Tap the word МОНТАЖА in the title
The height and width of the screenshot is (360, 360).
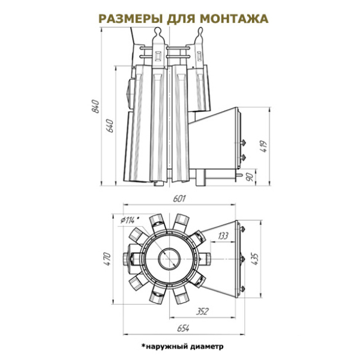[x=234, y=19]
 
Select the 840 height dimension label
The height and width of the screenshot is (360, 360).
[x=95, y=106]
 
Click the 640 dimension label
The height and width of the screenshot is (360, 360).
[x=110, y=125]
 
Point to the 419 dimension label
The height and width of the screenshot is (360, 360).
[x=263, y=146]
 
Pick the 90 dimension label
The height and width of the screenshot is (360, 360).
[x=250, y=176]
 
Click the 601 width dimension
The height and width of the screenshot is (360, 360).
[x=179, y=199]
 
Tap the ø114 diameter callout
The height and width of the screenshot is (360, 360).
[x=130, y=220]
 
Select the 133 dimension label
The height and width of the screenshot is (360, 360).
[x=222, y=236]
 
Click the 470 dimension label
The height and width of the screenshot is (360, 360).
[x=107, y=259]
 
